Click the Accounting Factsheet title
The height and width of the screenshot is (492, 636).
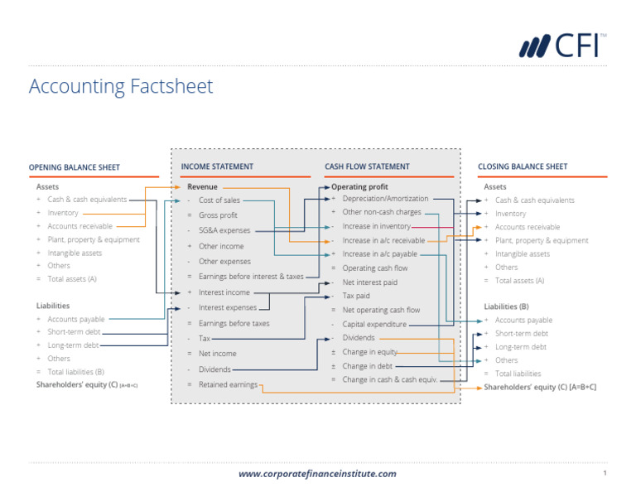pyautogui.click(x=121, y=86)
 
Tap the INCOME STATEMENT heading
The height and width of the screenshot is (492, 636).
pyautogui.click(x=217, y=166)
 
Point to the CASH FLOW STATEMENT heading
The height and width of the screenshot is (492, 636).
pyautogui.click(x=367, y=166)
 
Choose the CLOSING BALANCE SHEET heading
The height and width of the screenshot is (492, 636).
pyautogui.click(x=523, y=166)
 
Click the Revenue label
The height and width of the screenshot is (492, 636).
pyautogui.click(x=202, y=187)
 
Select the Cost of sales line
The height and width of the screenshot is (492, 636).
pyautogui.click(x=219, y=200)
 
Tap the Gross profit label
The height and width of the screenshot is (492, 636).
pyautogui.click(x=218, y=215)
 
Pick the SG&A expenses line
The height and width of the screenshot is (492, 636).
pyautogui.click(x=224, y=230)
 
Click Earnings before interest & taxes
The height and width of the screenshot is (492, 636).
pyautogui.click(x=251, y=276)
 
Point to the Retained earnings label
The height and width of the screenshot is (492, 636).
pyautogui.click(x=228, y=384)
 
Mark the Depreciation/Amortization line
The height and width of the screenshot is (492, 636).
pyautogui.click(x=385, y=199)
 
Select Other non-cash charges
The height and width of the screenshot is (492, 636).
pyautogui.click(x=382, y=212)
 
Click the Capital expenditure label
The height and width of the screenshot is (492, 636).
pyautogui.click(x=374, y=324)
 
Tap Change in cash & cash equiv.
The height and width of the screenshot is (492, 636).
pyautogui.click(x=389, y=379)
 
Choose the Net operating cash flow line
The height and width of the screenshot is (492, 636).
pyautogui.click(x=381, y=310)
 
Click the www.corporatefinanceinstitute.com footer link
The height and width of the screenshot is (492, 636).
pyautogui.click(x=317, y=474)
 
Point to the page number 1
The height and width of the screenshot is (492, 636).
pyautogui.click(x=605, y=473)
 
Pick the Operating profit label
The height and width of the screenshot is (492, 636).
pyautogui.click(x=359, y=187)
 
